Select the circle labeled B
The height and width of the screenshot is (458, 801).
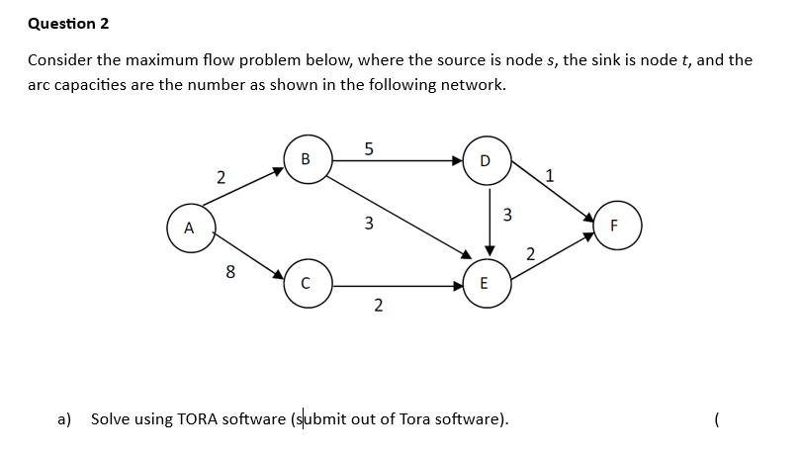[x=305, y=159]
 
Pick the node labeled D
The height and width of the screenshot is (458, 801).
[x=484, y=159]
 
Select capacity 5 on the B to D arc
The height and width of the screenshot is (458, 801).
[x=368, y=149]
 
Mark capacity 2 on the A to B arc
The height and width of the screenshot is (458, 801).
[x=221, y=178]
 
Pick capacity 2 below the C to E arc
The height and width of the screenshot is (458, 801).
[x=378, y=305]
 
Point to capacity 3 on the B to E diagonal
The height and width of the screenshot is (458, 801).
[x=368, y=223]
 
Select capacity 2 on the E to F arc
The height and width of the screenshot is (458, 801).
[x=530, y=255]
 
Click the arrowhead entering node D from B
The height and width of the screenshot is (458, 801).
[x=458, y=159]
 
